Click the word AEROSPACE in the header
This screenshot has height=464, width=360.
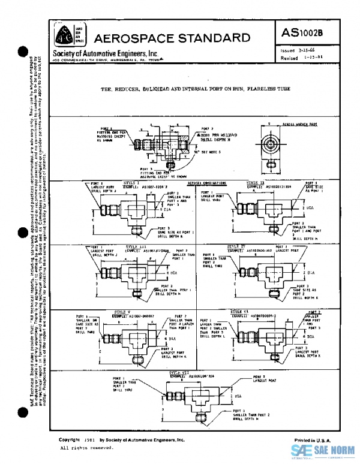point(131,37)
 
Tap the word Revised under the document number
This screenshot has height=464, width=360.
point(290,58)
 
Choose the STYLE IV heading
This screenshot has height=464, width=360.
point(236,246)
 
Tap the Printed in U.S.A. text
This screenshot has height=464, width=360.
point(312,439)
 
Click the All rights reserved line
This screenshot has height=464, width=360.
point(87,448)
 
